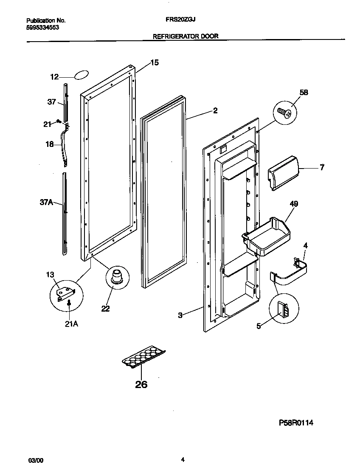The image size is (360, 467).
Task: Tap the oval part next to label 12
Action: pos(82,76)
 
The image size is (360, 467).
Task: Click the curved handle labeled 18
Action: pos(64,146)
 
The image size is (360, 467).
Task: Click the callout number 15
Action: pos(154,63)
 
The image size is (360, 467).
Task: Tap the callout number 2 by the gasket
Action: pos(215,111)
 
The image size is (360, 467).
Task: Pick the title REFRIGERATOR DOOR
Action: pos(186,36)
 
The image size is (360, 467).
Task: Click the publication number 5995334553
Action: pos(42,27)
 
